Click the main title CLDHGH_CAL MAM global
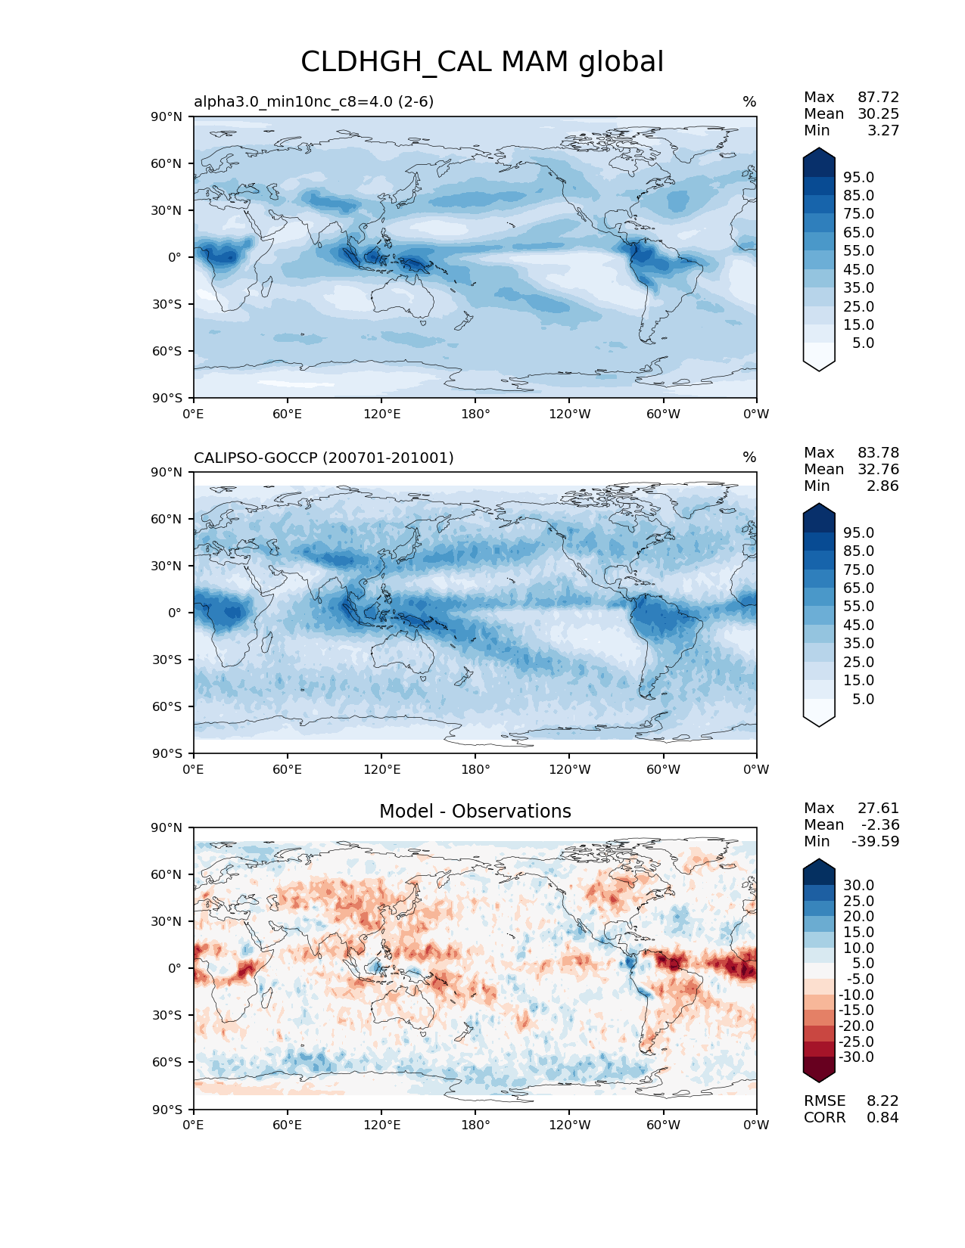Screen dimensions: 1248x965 pyautogui.click(x=482, y=62)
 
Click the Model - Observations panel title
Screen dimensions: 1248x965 pyautogui.click(x=475, y=812)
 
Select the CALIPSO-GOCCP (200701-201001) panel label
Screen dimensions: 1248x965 pyautogui.click(x=324, y=458)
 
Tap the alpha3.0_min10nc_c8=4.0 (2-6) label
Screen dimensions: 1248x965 pyautogui.click(x=314, y=101)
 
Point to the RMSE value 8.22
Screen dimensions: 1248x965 pyautogui.click(x=883, y=1101)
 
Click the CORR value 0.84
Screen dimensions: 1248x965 pyautogui.click(x=883, y=1117)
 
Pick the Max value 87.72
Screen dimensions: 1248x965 pyautogui.click(x=878, y=97)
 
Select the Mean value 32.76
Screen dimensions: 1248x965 pyautogui.click(x=878, y=469)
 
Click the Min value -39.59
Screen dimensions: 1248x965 pyautogui.click(x=875, y=841)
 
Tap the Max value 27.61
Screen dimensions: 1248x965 pyautogui.click(x=878, y=808)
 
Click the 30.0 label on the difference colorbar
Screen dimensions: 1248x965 pyautogui.click(x=859, y=885)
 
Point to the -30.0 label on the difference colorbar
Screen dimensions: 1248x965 pyautogui.click(x=857, y=1057)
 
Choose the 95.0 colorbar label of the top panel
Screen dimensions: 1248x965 pyautogui.click(x=859, y=177)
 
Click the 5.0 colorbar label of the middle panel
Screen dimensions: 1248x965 pyautogui.click(x=863, y=699)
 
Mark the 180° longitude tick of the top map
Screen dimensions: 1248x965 pyautogui.click(x=475, y=414)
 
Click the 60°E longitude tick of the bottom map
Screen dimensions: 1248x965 pyautogui.click(x=288, y=1125)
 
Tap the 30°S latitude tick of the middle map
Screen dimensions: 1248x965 pyautogui.click(x=167, y=660)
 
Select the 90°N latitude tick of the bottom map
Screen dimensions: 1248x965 pyautogui.click(x=167, y=827)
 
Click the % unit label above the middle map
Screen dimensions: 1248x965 pyautogui.click(x=749, y=458)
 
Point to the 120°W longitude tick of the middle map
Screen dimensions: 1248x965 pyautogui.click(x=569, y=769)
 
